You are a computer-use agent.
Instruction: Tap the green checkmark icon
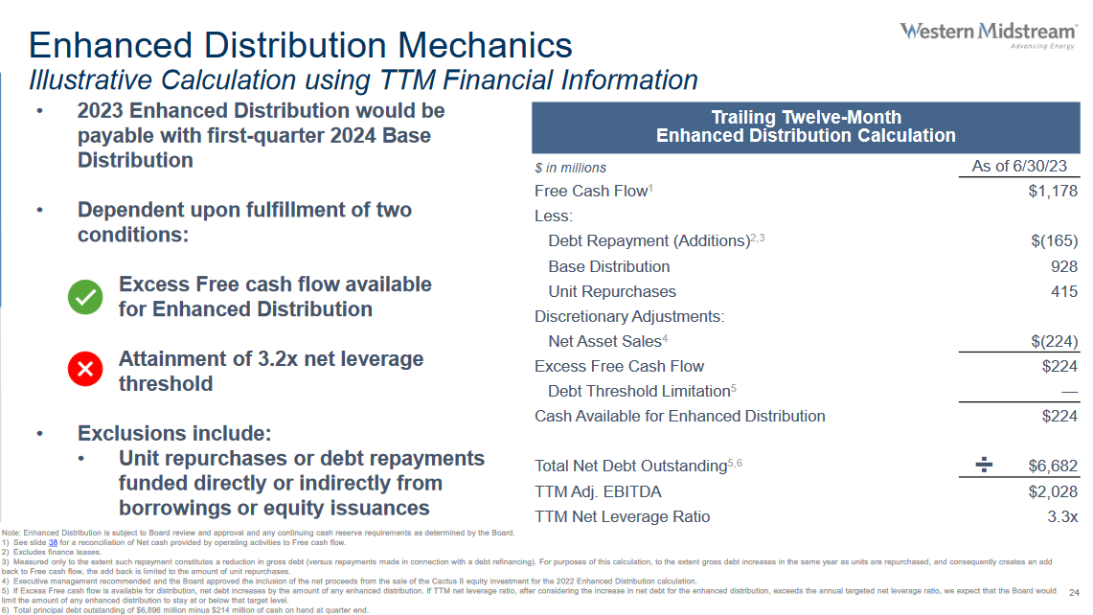[85, 297]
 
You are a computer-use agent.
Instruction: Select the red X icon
[85, 371]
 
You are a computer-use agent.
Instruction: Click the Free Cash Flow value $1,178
[1052, 191]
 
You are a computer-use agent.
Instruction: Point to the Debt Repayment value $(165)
[1052, 240]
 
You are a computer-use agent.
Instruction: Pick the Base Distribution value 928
[1063, 266]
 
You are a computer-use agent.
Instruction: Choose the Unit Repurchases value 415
[1063, 291]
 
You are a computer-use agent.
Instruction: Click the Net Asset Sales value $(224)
[1052, 341]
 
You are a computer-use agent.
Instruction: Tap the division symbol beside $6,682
[984, 466]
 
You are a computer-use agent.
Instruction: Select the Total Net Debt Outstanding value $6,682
[1053, 466]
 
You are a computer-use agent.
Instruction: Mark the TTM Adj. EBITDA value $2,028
[1053, 491]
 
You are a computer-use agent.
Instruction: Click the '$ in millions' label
[570, 168]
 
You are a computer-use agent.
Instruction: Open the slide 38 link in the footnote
[53, 542]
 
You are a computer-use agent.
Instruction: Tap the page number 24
[1073, 591]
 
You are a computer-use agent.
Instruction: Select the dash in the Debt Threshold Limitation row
[1069, 391]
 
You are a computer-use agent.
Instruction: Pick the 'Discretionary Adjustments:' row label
[629, 316]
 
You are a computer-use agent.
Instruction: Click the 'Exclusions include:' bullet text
[174, 433]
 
